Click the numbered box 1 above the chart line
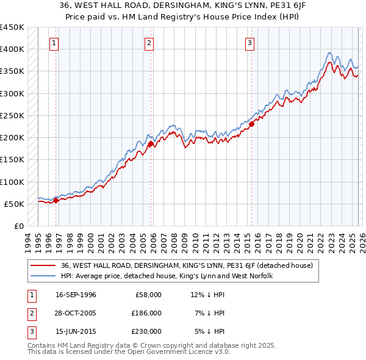click(x=54, y=43)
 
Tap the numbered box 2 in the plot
click(x=149, y=43)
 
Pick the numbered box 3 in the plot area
click(x=250, y=43)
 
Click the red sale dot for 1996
click(x=56, y=200)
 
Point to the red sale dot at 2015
click(x=251, y=124)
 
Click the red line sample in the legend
click(x=43, y=265)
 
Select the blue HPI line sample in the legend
click(x=43, y=276)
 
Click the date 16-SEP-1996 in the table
click(x=76, y=295)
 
